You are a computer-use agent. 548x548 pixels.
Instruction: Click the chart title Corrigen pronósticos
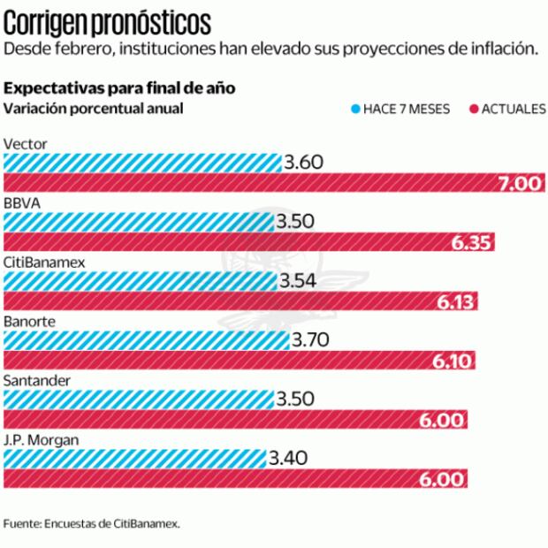click(108, 19)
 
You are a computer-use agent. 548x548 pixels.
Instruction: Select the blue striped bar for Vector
click(142, 163)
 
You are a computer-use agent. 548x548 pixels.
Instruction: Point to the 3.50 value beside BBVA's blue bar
click(294, 221)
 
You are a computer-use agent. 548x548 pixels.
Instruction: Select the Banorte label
click(29, 321)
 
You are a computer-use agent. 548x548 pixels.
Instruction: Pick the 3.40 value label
click(287, 459)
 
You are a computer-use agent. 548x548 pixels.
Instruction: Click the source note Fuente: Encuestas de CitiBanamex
click(92, 523)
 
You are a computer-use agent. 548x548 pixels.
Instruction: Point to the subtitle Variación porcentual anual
click(94, 110)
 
